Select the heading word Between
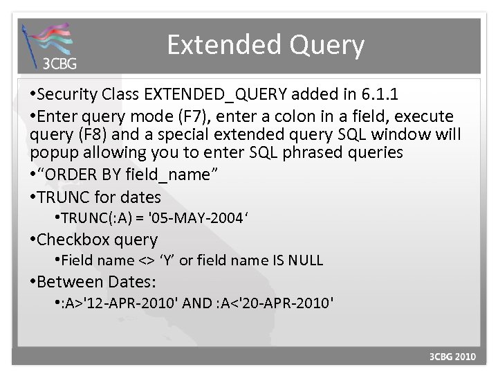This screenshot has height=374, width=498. coord(71,282)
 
